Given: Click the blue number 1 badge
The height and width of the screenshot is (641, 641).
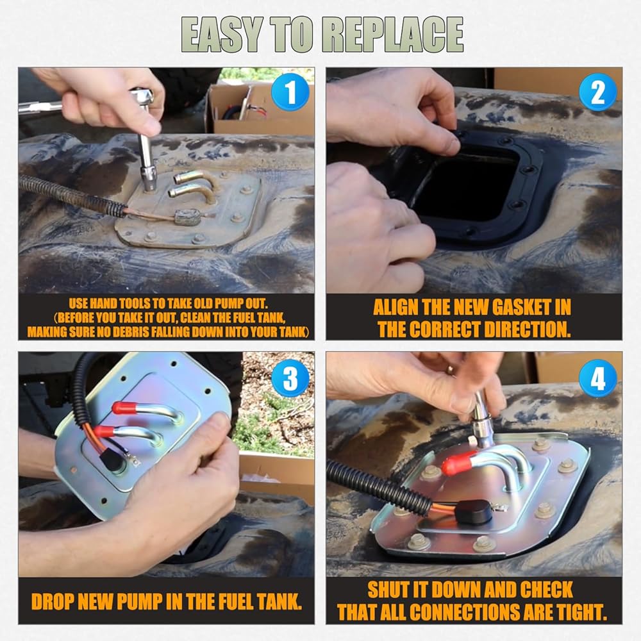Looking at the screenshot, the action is [290, 92].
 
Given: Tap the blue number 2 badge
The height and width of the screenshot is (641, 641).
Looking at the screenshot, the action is [597, 92].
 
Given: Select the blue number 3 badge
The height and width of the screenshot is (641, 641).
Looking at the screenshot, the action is [290, 378].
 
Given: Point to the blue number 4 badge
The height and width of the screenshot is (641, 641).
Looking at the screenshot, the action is [597, 378].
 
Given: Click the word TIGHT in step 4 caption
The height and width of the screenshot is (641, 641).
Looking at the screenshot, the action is [585, 612].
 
